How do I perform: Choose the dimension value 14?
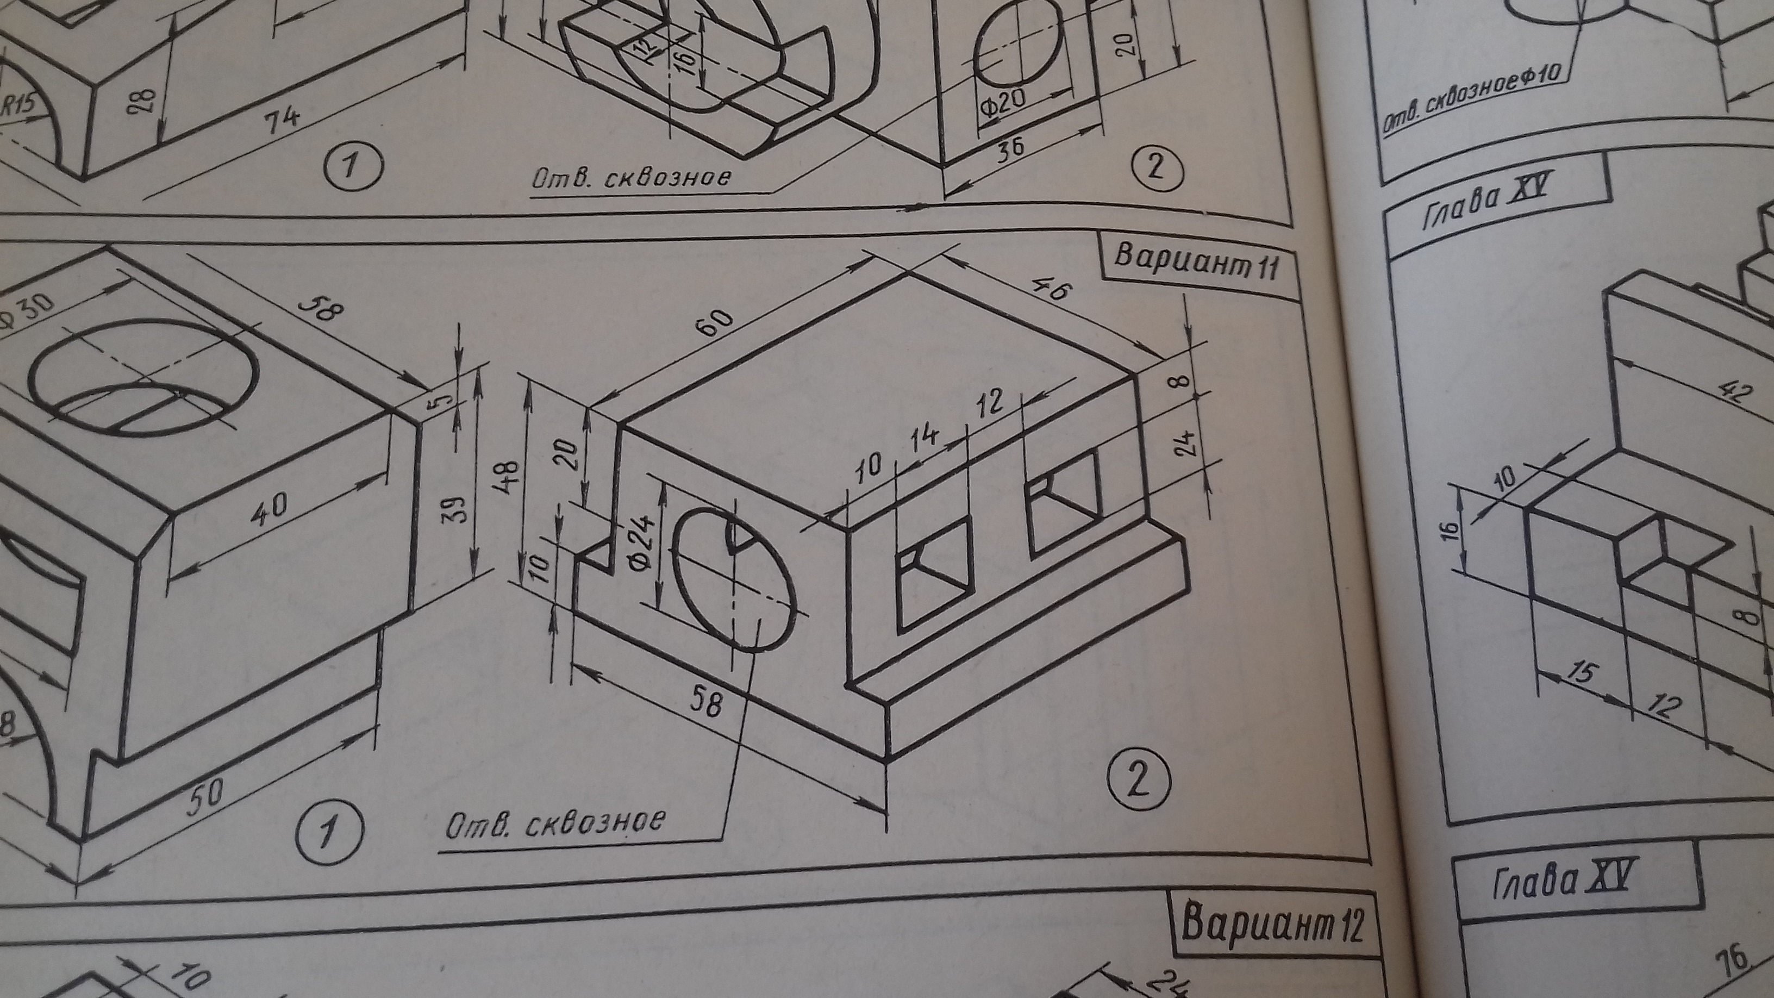[x=926, y=441]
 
